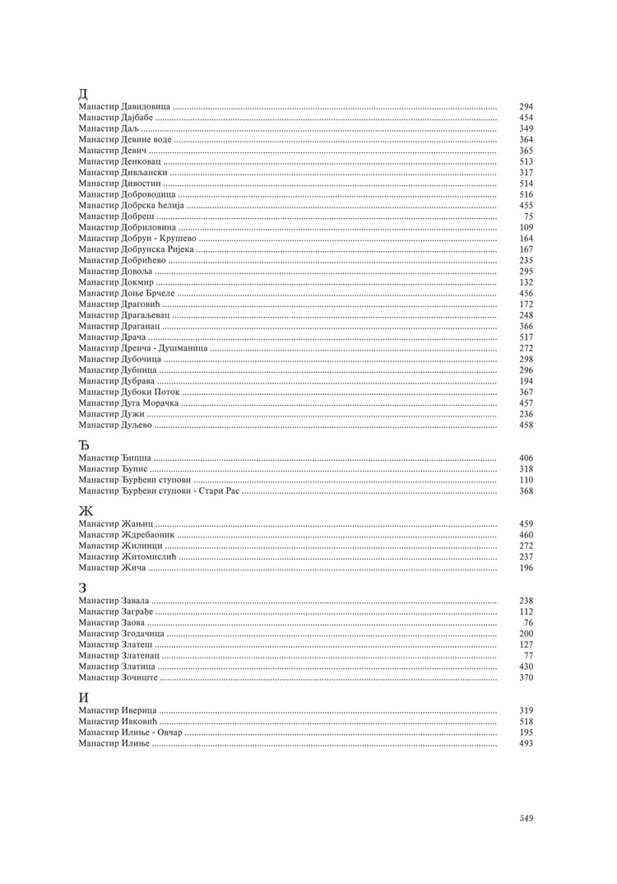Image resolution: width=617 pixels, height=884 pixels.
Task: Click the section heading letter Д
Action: pos(83,92)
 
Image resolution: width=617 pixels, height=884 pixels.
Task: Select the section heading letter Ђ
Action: pos(84,444)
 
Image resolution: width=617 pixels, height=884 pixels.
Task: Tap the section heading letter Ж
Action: pos(86,510)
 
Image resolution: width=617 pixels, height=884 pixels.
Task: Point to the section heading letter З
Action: pos(82,588)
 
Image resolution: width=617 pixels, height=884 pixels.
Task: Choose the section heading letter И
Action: pos(84,697)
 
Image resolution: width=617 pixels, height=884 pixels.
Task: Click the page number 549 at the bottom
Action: pos(527,818)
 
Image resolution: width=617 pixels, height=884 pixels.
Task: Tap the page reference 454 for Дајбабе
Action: pos(527,118)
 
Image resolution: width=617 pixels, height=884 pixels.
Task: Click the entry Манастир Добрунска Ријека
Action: pos(136,249)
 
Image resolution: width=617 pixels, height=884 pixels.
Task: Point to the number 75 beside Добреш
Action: pos(528,216)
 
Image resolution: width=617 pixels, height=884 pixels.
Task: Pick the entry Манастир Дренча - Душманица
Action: pos(143,348)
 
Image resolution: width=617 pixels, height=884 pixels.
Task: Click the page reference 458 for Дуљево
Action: pos(527,425)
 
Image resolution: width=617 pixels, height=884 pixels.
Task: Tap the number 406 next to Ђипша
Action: pos(527,458)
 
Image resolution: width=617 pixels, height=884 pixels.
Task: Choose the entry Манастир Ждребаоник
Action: pos(126,535)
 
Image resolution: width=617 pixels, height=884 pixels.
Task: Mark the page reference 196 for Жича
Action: pos(527,568)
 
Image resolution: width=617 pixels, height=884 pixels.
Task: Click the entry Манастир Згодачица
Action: pos(122,634)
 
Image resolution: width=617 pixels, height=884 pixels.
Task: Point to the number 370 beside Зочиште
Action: pos(527,677)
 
